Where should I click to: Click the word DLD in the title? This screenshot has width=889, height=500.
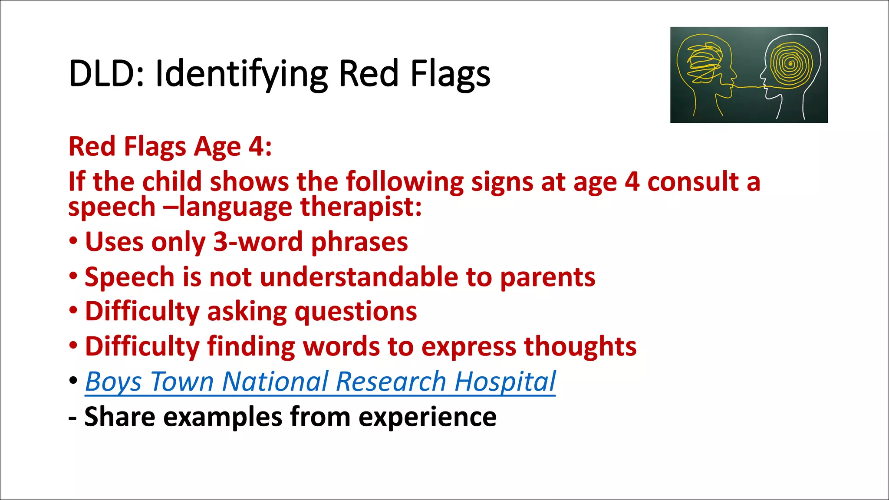point(102,74)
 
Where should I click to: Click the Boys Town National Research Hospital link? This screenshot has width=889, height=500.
point(320,382)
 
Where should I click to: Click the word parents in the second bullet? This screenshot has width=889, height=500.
point(547,278)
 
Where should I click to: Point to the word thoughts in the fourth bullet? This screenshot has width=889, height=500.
point(580,347)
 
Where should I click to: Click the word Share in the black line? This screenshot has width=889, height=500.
point(120,418)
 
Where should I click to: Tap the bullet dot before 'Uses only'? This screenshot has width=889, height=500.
point(74,241)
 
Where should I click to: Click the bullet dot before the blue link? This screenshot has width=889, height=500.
point(74,381)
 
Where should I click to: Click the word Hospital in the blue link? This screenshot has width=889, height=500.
point(505,382)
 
